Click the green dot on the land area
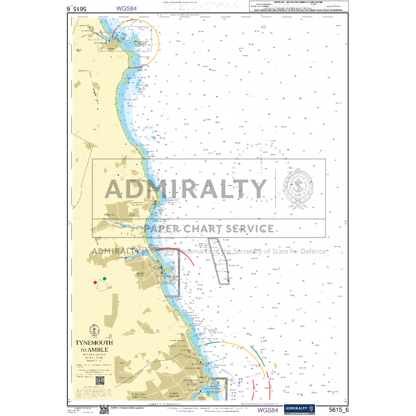tap(105, 278)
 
